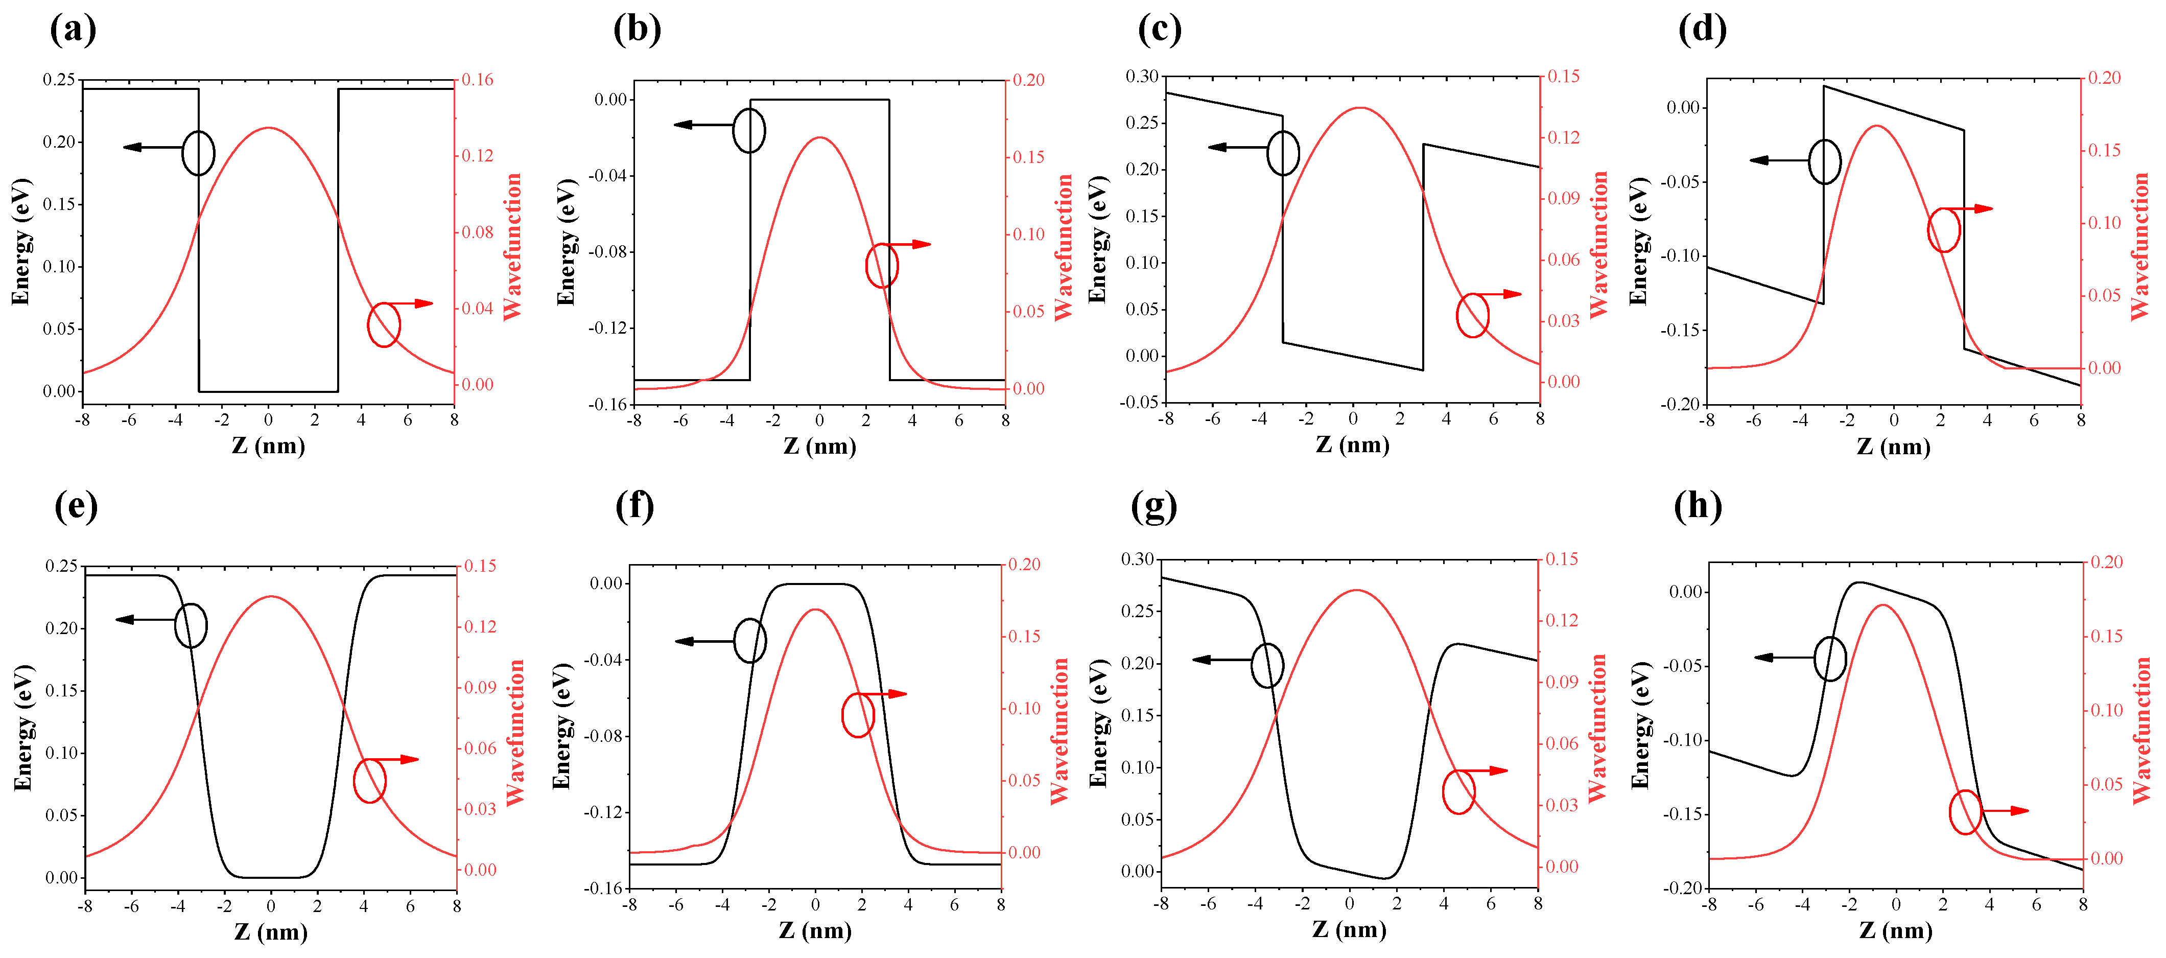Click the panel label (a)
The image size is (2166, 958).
click(x=73, y=30)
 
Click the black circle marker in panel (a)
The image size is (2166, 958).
click(x=198, y=153)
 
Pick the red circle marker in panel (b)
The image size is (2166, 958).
click(x=882, y=266)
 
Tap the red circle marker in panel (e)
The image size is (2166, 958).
click(x=370, y=781)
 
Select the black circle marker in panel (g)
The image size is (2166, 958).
click(x=1267, y=665)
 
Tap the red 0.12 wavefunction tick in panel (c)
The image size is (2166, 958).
click(x=1563, y=137)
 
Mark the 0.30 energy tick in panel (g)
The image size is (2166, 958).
click(x=1139, y=559)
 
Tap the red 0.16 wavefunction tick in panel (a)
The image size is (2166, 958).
click(x=477, y=80)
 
